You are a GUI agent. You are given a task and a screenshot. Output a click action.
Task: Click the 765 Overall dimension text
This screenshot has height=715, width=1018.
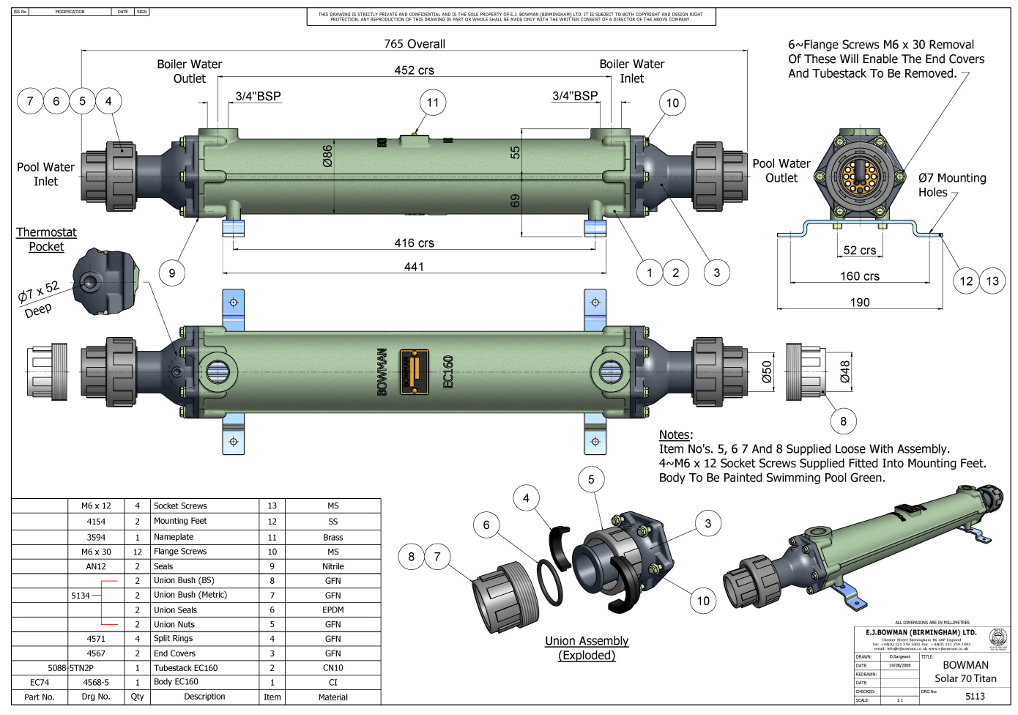[415, 44]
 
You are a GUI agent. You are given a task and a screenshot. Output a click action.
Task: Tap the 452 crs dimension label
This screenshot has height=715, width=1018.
[415, 70]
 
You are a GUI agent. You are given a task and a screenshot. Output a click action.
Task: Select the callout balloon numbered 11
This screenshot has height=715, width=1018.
[433, 103]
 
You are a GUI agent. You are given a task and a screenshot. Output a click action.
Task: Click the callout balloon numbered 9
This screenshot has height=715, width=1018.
[172, 273]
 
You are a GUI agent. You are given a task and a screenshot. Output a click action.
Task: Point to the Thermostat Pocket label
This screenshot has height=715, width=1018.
[46, 240]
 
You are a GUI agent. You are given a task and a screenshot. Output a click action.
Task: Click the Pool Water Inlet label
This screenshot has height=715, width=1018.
[45, 174]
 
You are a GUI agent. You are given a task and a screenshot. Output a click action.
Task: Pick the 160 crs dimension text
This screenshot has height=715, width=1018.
[860, 276]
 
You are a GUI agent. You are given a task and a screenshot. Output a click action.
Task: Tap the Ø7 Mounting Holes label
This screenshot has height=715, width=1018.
[951, 185]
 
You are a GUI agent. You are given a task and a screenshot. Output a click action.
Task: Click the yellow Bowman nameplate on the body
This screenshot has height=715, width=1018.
[414, 371]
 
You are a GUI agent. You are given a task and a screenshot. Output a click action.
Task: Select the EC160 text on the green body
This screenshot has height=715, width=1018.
[448, 372]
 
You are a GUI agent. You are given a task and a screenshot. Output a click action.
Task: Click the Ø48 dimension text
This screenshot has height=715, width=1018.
[844, 371]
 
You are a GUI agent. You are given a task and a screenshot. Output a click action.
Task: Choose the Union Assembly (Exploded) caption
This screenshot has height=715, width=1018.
[587, 648]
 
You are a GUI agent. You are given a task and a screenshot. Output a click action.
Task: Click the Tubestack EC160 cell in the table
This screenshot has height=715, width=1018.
[185, 668]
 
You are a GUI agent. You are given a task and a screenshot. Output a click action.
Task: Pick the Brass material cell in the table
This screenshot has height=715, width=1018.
[332, 537]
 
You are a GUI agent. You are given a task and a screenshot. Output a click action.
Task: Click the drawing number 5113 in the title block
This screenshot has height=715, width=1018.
[975, 697]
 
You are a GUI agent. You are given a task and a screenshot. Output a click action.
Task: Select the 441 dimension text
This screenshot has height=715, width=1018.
[414, 267]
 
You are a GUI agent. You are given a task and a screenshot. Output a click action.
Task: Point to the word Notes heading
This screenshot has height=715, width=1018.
[675, 434]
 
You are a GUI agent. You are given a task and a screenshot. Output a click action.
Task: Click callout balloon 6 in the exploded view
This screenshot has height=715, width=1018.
[486, 525]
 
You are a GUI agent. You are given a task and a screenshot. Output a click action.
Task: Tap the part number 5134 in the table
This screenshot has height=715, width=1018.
[81, 596]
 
